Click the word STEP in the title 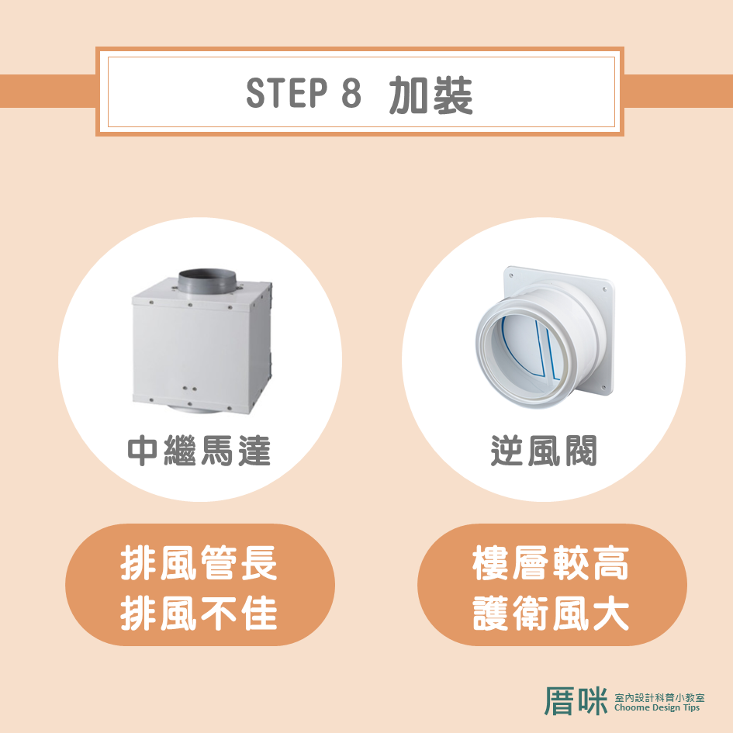(286, 92)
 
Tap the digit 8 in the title (351, 92)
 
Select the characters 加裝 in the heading (430, 95)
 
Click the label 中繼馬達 (199, 451)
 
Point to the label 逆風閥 (544, 451)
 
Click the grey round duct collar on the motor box (208, 282)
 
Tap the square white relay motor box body (202, 347)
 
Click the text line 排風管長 (199, 563)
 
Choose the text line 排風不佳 (199, 613)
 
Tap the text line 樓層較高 (551, 563)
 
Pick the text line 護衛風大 (551, 613)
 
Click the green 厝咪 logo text (576, 701)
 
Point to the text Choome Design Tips (657, 707)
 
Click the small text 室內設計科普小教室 (659, 697)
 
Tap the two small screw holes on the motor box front (189, 389)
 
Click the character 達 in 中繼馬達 (254, 451)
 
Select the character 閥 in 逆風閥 (581, 451)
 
